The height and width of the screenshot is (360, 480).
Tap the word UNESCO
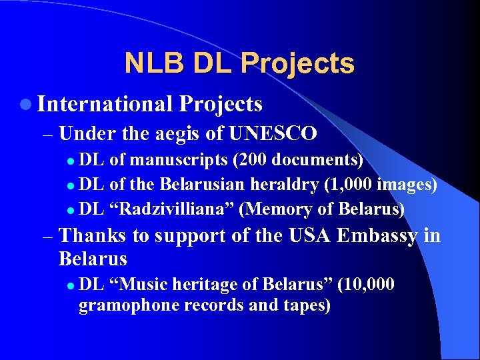[x=273, y=134]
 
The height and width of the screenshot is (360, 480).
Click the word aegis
[x=179, y=134]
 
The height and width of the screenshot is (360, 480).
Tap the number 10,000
[x=369, y=285]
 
